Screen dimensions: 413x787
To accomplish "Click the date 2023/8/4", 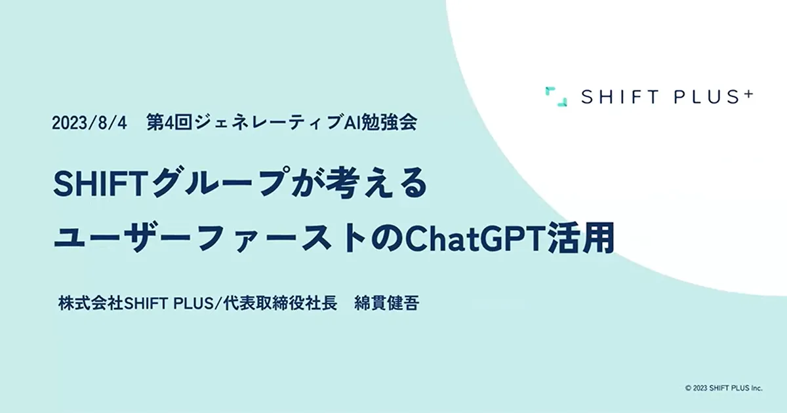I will pyautogui.click(x=90, y=123).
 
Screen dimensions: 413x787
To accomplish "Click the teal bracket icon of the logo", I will pyautogui.click(x=555, y=96).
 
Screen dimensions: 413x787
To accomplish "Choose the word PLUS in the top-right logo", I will pyautogui.click(x=702, y=97).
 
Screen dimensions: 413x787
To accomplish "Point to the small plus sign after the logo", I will pyautogui.click(x=748, y=93).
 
